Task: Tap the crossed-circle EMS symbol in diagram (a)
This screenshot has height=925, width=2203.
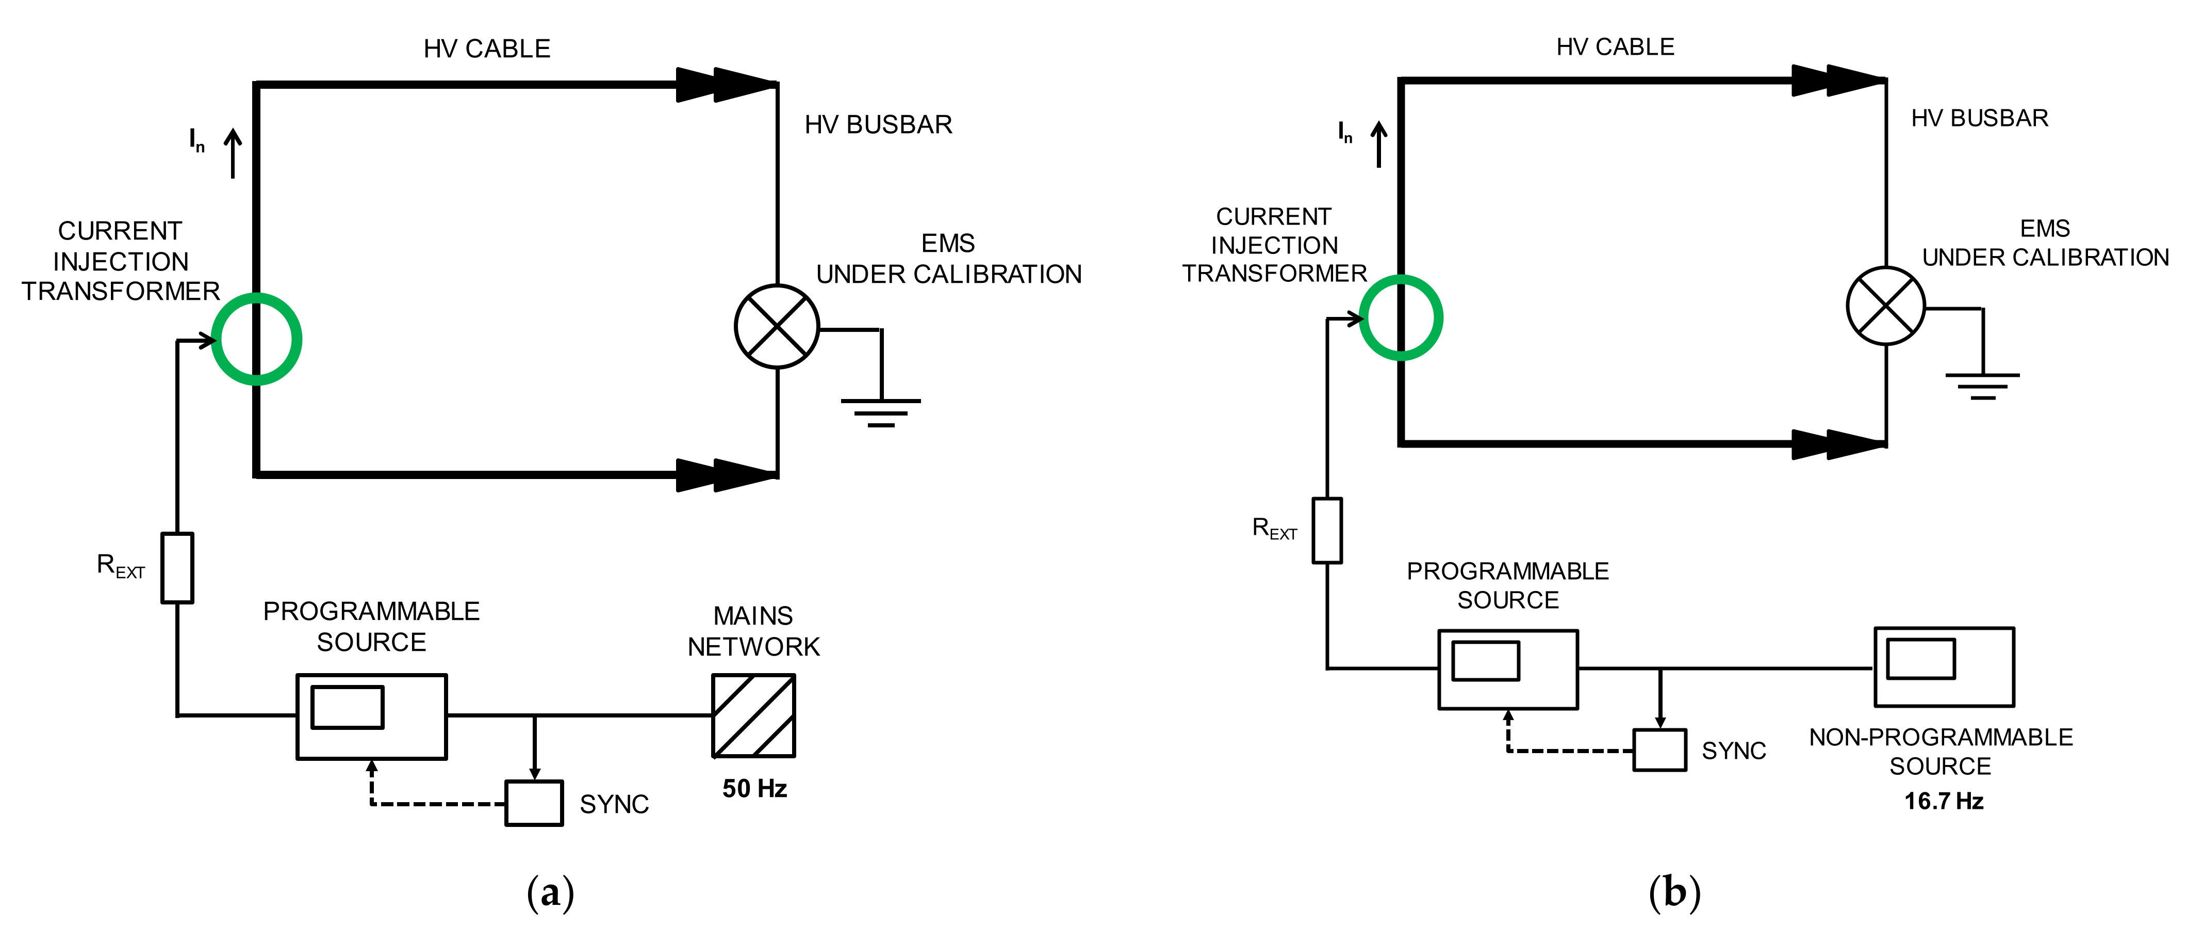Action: pos(777,327)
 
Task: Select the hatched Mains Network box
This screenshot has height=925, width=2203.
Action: pos(753,715)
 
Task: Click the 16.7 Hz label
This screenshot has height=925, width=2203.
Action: pos(1943,801)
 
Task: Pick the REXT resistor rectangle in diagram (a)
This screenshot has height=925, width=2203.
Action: pos(177,567)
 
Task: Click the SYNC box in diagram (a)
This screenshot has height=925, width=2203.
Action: pos(534,803)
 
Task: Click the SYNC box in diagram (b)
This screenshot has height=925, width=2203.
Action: pos(1659,749)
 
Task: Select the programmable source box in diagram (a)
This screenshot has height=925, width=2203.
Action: pos(371,716)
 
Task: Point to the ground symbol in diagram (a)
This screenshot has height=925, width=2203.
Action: pos(881,411)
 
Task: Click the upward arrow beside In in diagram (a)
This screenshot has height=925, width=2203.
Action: pos(233,153)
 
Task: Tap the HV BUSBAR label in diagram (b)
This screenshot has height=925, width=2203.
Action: pos(1979,118)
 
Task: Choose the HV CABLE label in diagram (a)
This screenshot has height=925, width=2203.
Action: pos(487,49)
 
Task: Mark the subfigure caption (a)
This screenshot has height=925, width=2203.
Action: pos(550,892)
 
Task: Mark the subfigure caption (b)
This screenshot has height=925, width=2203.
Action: pos(1673,892)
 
